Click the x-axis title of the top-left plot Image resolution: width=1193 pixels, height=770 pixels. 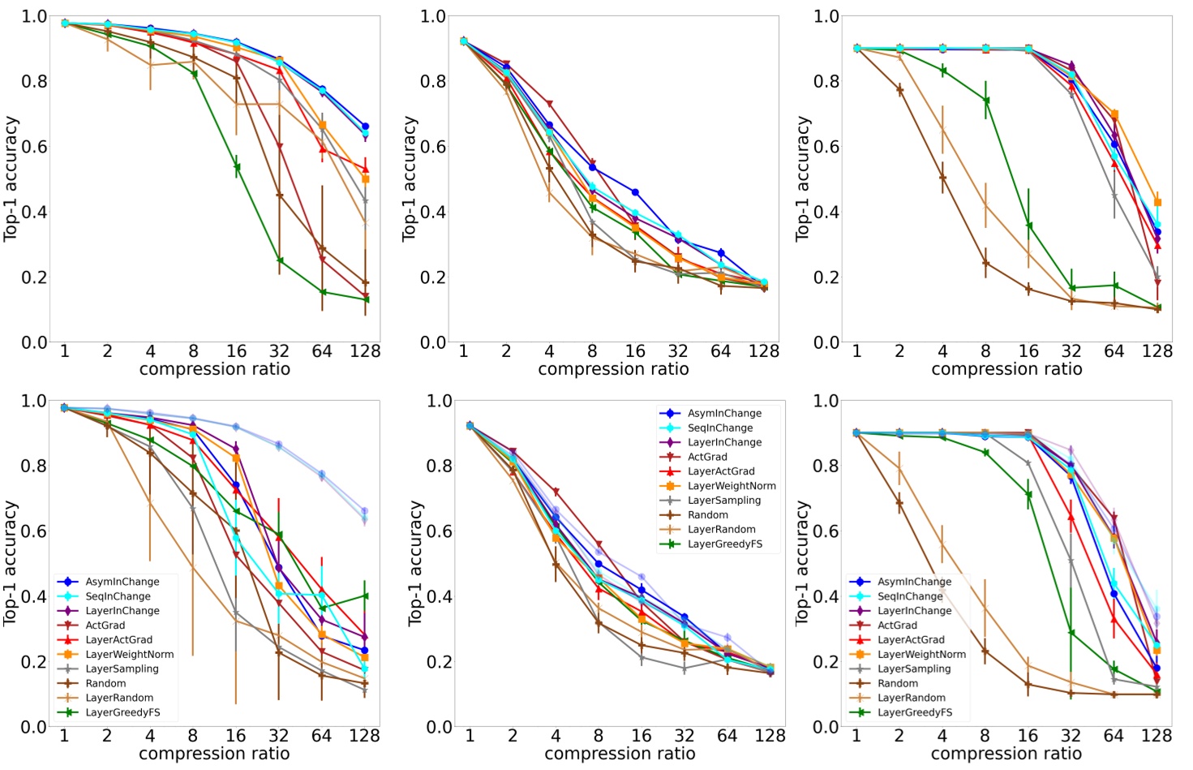coord(214,369)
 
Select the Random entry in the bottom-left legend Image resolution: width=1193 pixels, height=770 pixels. coord(105,683)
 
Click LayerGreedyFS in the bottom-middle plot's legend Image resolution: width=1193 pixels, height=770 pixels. coord(724,544)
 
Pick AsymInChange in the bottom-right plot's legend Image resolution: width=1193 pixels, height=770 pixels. coord(914,582)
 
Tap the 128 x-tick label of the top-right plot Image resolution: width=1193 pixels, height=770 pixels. coord(1157,351)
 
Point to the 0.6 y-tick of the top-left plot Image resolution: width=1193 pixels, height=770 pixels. coord(34,147)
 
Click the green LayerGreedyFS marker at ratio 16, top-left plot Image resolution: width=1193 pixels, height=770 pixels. coord(237,167)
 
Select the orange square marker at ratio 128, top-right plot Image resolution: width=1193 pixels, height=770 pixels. coord(1157,202)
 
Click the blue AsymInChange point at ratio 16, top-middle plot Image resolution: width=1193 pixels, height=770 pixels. coord(635,192)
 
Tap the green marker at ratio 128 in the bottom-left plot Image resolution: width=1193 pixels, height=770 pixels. coord(364,596)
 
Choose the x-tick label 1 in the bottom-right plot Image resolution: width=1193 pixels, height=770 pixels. coord(856,736)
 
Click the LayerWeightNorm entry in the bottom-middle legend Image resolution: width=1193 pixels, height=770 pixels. coord(732,486)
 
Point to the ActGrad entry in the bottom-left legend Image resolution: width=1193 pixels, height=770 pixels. coord(105,626)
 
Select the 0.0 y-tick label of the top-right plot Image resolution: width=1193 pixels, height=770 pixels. coord(826,342)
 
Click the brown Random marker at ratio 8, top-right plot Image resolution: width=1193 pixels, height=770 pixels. coord(985,263)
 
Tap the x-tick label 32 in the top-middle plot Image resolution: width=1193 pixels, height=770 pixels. coord(678,351)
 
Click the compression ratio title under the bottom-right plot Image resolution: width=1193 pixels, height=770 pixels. coord(1006,754)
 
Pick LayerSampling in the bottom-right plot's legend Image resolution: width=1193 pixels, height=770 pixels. coord(913,669)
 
